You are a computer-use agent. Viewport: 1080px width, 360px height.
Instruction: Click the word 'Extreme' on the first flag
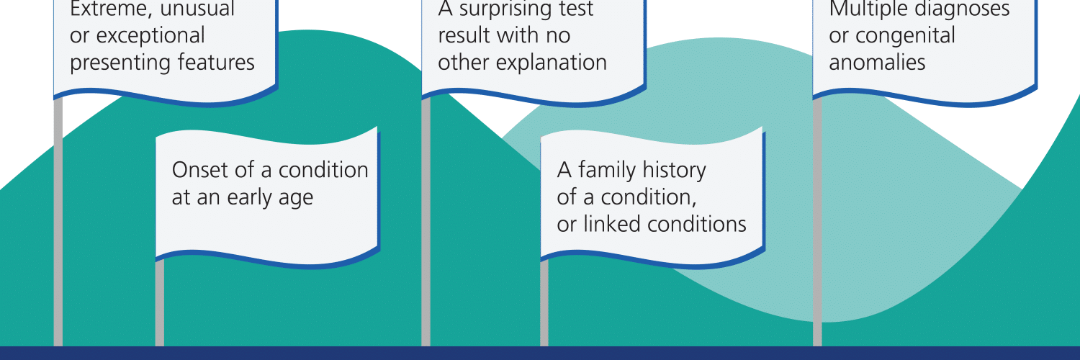point(109,9)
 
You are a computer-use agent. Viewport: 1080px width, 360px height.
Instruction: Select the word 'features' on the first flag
point(216,62)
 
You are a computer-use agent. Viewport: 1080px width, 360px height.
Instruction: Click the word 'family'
point(606,171)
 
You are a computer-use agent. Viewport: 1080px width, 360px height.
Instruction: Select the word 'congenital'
point(906,36)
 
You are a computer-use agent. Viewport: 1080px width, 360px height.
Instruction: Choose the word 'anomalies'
point(877,63)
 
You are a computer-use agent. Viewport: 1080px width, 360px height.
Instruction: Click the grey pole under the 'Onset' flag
point(160,303)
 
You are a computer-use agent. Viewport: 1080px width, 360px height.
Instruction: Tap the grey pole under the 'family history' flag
point(544,303)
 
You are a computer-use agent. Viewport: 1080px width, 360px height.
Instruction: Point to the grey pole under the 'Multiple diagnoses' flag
point(817,222)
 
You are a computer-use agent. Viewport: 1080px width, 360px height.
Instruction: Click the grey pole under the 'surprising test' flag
point(426,222)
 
